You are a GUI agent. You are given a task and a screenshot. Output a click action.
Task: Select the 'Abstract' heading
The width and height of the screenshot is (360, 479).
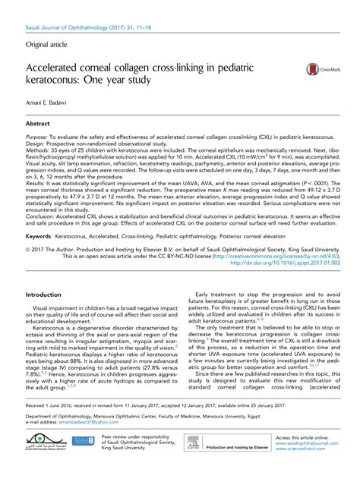(x=38, y=121)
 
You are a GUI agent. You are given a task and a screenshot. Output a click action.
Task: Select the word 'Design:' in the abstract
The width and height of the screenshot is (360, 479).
(x=35, y=141)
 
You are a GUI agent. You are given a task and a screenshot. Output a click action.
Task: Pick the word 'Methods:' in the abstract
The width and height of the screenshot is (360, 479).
(x=36, y=149)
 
